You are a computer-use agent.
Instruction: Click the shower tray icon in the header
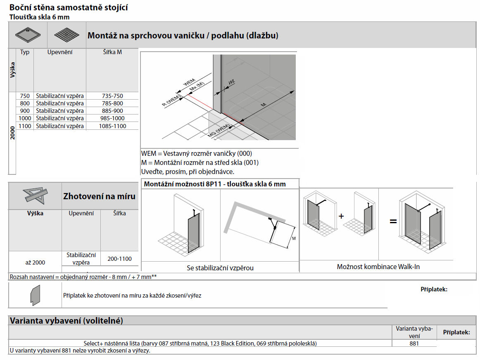[x=28, y=35]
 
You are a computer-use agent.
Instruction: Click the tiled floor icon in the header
[x=66, y=35]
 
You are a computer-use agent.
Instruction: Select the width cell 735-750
[x=112, y=96]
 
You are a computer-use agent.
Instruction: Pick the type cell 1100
[x=25, y=126]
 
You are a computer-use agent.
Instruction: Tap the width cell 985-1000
[x=112, y=119]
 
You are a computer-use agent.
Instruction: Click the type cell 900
[x=25, y=111]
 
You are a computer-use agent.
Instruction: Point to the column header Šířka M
[x=112, y=52]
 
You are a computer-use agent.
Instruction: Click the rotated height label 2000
[x=12, y=134]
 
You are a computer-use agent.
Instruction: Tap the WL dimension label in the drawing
[x=231, y=83]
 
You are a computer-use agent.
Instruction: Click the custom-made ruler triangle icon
[x=35, y=195]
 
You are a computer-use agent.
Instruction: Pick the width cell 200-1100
[x=119, y=259]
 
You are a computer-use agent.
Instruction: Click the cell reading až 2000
[x=35, y=262]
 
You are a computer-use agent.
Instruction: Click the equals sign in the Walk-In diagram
[x=393, y=222]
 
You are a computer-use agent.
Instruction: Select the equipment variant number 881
[x=414, y=343]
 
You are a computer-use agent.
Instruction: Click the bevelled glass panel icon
[x=35, y=295]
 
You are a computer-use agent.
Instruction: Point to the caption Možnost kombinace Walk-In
[x=378, y=267]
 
